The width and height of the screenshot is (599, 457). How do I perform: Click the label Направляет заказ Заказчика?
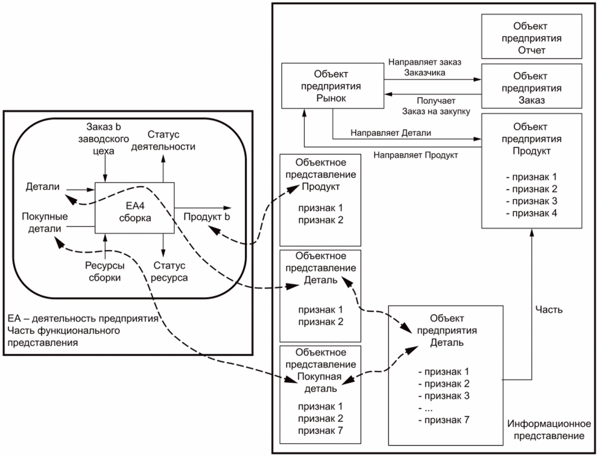tap(417, 67)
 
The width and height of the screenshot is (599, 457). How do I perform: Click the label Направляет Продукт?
tap(416, 155)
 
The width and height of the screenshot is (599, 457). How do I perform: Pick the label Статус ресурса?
tap(170, 272)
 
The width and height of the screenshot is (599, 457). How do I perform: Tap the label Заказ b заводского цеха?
tap(106, 138)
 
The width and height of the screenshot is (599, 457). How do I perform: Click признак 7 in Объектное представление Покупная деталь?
tap(320, 429)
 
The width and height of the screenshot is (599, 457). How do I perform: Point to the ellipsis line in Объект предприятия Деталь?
tap(428, 407)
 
